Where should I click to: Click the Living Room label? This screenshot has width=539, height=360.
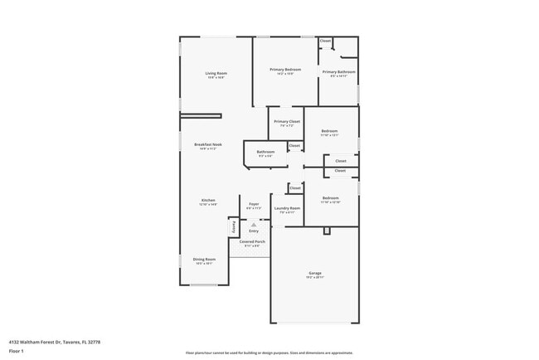tap(216, 74)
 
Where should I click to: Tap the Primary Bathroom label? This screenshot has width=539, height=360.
tap(339, 72)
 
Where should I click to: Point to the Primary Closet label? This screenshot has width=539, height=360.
tap(288, 122)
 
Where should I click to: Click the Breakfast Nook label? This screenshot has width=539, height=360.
tap(208, 145)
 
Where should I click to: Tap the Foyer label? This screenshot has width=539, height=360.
tap(255, 203)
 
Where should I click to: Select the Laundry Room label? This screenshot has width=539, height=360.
tap(287, 208)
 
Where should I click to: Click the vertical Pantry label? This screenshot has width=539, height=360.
tap(234, 225)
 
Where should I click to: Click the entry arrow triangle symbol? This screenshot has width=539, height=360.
tap(255, 223)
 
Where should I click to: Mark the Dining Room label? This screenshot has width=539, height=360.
tap(204, 260)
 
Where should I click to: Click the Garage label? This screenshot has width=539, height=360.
tap(315, 273)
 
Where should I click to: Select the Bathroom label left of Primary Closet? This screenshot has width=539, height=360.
tap(265, 152)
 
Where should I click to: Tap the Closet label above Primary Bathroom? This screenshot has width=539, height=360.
tap(325, 41)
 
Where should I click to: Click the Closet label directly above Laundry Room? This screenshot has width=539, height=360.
tap(294, 188)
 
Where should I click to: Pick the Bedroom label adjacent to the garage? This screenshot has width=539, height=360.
tap(330, 198)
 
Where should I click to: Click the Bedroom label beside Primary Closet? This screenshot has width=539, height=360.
tap(330, 131)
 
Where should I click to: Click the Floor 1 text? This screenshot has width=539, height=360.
tap(17, 351)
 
